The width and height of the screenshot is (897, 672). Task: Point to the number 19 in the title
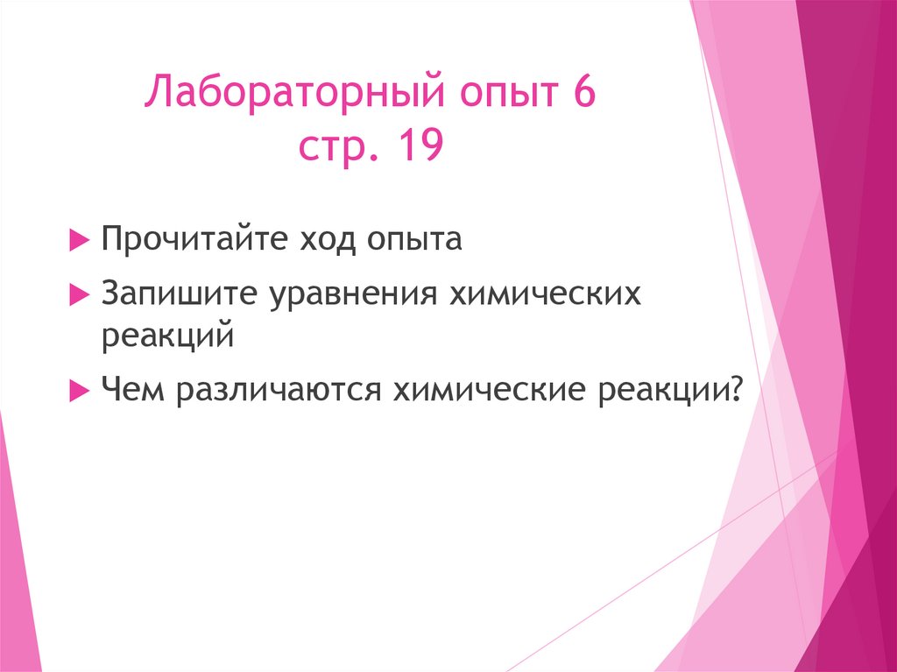click(x=418, y=146)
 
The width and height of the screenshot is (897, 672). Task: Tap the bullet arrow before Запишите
click(x=77, y=296)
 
